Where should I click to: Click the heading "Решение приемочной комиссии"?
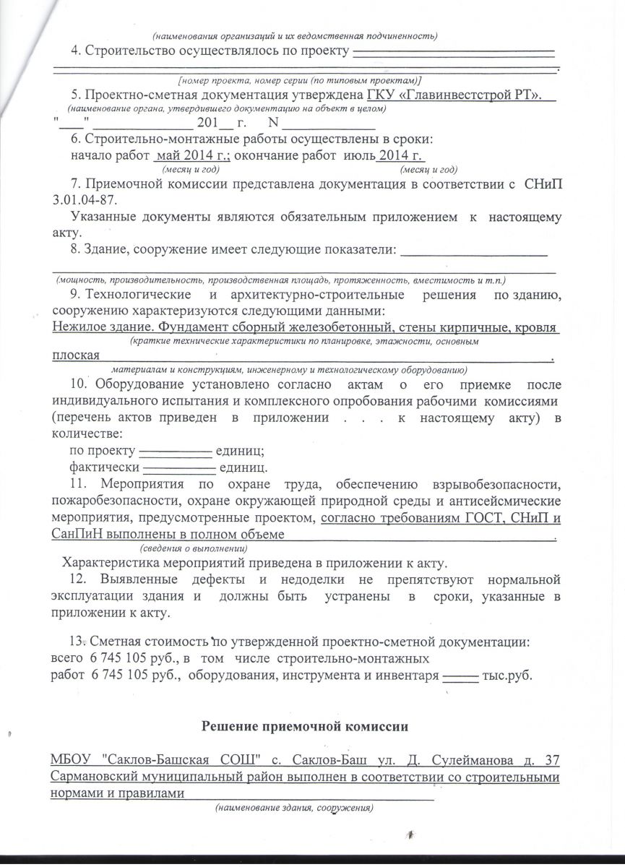[312, 725]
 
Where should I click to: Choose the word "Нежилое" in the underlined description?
[79, 327]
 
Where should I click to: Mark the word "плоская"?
[75, 355]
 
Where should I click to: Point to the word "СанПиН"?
[77, 535]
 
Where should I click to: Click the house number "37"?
[553, 760]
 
